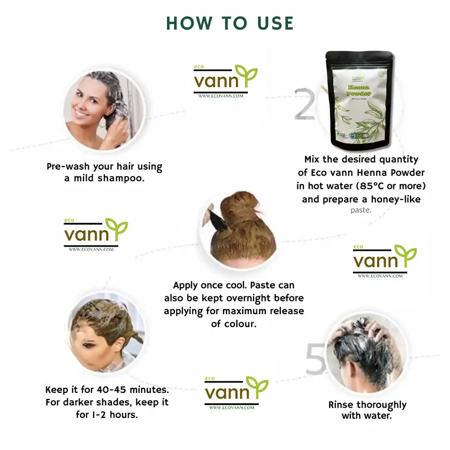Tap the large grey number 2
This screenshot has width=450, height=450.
[305, 105]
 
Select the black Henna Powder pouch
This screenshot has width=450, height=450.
[359, 100]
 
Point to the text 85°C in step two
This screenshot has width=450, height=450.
[380, 185]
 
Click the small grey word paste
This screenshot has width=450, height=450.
[361, 210]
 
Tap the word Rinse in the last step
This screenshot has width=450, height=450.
[341, 405]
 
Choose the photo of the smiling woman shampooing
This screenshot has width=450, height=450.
[104, 109]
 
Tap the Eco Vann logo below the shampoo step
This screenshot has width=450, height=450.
[95, 234]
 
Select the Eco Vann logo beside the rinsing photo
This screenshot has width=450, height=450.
[384, 261]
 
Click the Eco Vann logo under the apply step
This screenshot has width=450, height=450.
[236, 392]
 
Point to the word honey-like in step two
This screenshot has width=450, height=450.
[396, 198]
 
